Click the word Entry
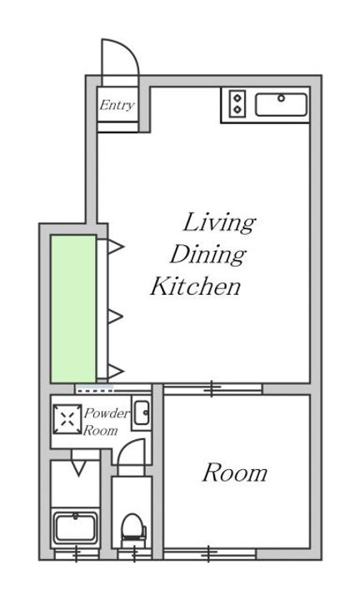point(117,105)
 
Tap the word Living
point(219,222)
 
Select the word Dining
point(208,254)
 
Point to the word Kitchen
point(196,286)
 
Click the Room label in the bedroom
point(235,472)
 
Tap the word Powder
point(107,413)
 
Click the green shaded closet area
point(73,309)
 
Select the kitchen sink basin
point(281,104)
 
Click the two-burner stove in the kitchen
point(237,103)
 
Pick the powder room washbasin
point(142,412)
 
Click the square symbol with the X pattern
point(67,419)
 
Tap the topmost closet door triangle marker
point(116,247)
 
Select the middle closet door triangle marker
point(115,317)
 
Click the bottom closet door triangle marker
point(116,371)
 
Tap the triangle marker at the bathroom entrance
point(78,468)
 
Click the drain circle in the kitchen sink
point(281,98)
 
